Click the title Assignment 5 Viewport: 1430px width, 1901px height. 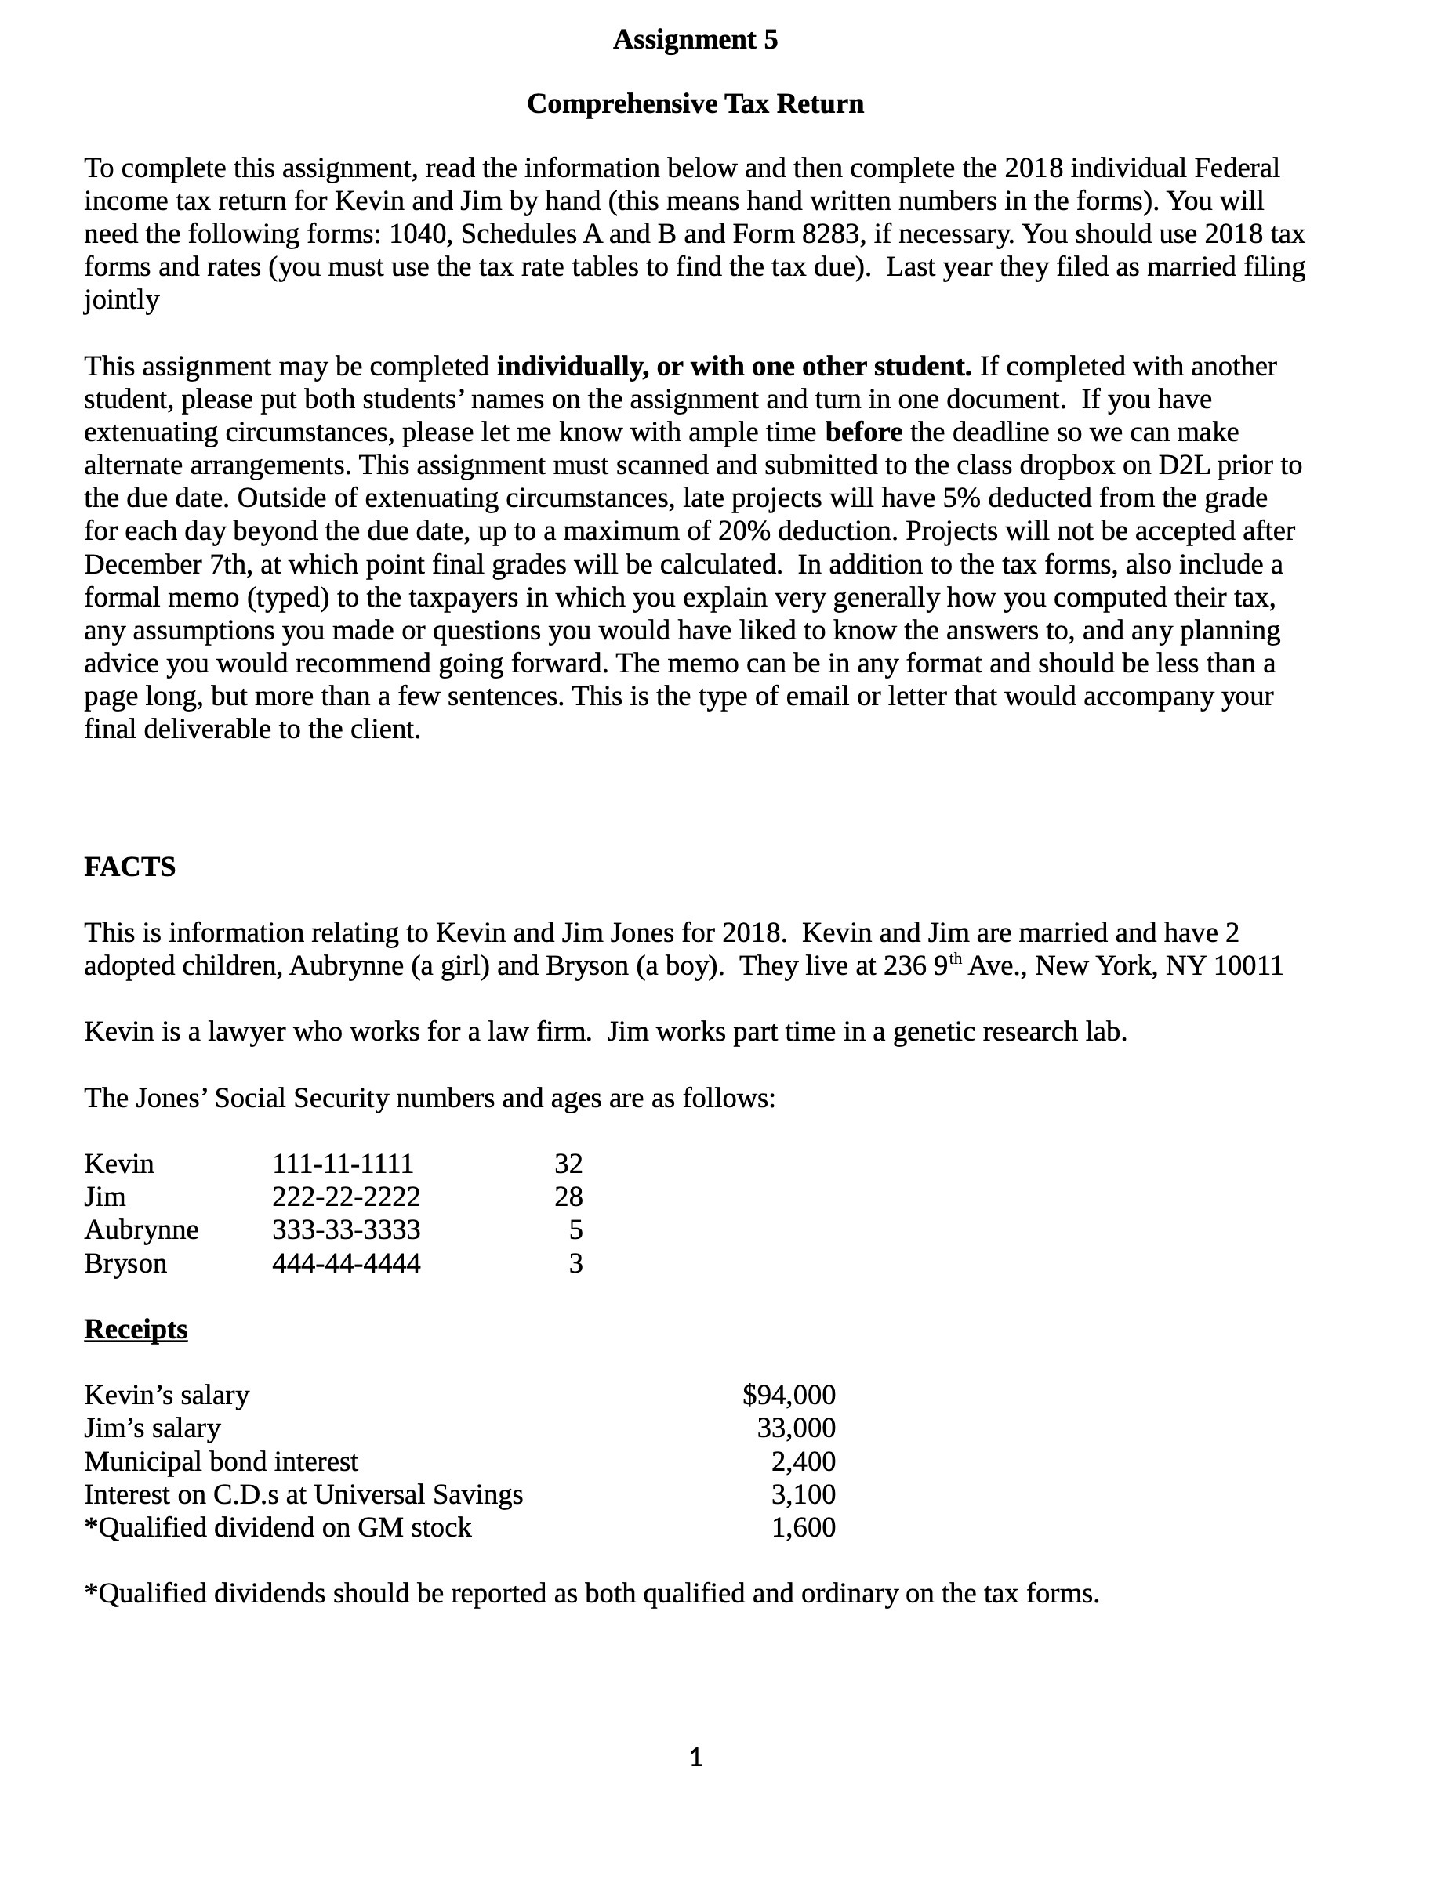click(x=695, y=39)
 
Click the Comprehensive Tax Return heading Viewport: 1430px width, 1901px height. click(x=695, y=103)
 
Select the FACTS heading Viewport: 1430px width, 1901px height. click(x=130, y=867)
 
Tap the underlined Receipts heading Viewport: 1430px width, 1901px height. click(x=136, y=1329)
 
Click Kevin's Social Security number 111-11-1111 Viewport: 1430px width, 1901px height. click(x=343, y=1164)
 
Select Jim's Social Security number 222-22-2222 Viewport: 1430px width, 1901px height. click(x=346, y=1197)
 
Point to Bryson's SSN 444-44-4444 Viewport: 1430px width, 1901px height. click(x=346, y=1263)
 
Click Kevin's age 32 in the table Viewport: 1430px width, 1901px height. click(x=568, y=1164)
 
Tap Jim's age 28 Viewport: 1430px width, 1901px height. click(x=568, y=1197)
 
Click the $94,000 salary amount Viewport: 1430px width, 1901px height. click(x=789, y=1395)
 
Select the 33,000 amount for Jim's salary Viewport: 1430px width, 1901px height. click(x=796, y=1428)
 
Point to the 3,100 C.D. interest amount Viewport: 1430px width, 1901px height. click(x=802, y=1494)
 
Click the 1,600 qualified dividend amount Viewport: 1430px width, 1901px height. click(x=802, y=1527)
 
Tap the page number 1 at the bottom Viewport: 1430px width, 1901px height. click(x=696, y=1758)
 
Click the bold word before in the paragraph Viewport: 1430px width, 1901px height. click(x=863, y=433)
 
